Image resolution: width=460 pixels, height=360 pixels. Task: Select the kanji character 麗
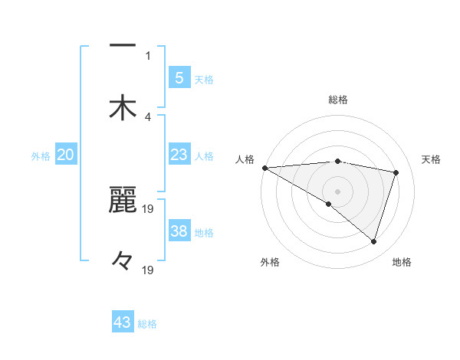(123, 200)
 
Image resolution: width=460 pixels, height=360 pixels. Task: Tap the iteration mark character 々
(123, 260)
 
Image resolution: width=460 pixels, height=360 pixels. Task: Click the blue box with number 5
(179, 77)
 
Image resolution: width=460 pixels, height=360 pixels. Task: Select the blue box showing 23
(179, 155)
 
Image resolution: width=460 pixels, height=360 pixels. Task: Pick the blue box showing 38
(179, 231)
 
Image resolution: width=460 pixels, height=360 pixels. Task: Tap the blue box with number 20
(65, 155)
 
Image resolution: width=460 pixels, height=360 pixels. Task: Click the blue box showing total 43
(123, 322)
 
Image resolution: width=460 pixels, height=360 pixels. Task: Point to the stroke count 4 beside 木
(148, 116)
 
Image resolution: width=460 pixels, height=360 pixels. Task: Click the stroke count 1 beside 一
(148, 55)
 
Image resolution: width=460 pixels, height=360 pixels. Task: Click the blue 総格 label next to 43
(147, 324)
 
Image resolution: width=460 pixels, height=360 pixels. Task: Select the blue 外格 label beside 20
(41, 155)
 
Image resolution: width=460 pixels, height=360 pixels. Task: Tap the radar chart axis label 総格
(338, 100)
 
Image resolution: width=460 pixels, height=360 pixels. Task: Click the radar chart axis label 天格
(432, 159)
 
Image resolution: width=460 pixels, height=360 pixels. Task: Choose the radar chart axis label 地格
(402, 262)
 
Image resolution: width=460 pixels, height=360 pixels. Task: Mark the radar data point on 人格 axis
(264, 168)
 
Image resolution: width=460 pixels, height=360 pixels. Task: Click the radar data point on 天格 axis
(396, 172)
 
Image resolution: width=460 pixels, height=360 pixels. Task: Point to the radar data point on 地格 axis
(373, 242)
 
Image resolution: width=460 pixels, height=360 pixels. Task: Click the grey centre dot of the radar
(338, 191)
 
